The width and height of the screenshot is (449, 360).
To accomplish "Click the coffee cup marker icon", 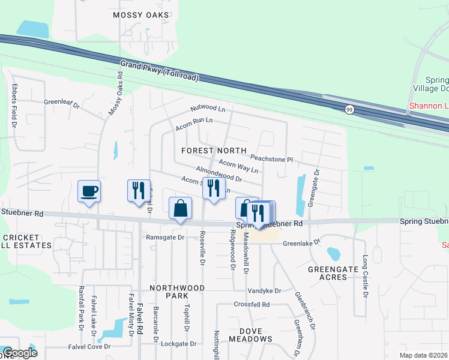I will point(89,191).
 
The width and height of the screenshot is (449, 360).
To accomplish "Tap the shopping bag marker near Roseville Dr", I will point(181,208).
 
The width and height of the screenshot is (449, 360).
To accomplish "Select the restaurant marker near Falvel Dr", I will point(139,190).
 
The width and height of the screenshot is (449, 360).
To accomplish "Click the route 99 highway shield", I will point(349,109).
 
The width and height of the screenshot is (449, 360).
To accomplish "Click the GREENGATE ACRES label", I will point(336,273).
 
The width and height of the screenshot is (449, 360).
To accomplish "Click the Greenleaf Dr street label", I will point(62,103).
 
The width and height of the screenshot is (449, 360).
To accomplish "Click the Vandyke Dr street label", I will point(265,290).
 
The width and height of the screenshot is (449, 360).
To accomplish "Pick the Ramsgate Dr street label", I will point(165,238).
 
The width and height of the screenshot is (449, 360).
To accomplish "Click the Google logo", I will point(20,353).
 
